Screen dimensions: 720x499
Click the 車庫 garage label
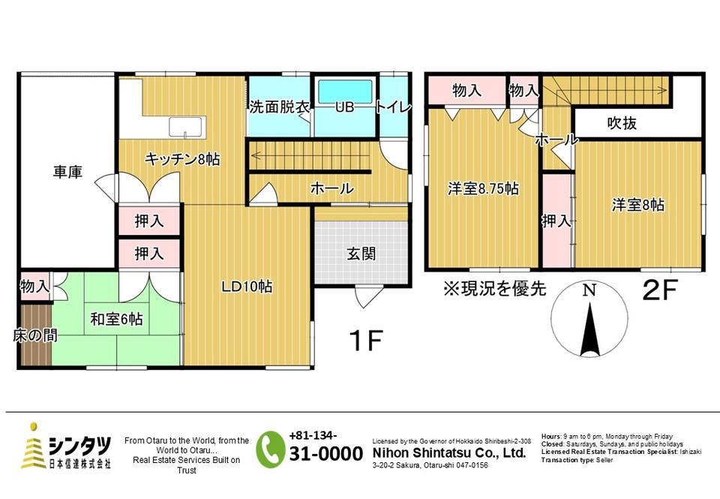(x=67, y=173)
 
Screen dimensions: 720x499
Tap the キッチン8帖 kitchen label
(x=182, y=159)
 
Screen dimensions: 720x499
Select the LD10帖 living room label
(x=247, y=287)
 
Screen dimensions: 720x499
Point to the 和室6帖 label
(x=117, y=319)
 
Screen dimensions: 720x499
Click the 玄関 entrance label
(x=361, y=254)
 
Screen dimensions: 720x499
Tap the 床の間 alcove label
(x=35, y=336)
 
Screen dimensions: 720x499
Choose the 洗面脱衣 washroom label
(x=280, y=107)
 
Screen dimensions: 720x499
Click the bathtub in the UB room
(x=345, y=92)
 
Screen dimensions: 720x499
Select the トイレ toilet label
(x=394, y=107)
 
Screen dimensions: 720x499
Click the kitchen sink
(x=185, y=127)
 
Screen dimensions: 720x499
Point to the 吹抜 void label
(x=622, y=123)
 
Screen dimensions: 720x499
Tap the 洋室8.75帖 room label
(x=484, y=189)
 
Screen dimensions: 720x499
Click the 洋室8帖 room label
(x=638, y=205)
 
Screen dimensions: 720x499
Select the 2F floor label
(x=660, y=290)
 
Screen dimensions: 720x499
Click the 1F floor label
(x=366, y=341)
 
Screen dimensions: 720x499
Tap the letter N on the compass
(x=589, y=290)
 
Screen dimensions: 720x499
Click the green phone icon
(x=271, y=449)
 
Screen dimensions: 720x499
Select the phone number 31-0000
(x=326, y=454)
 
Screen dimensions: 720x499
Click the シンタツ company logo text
(x=80, y=445)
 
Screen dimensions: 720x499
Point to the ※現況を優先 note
(x=494, y=289)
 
